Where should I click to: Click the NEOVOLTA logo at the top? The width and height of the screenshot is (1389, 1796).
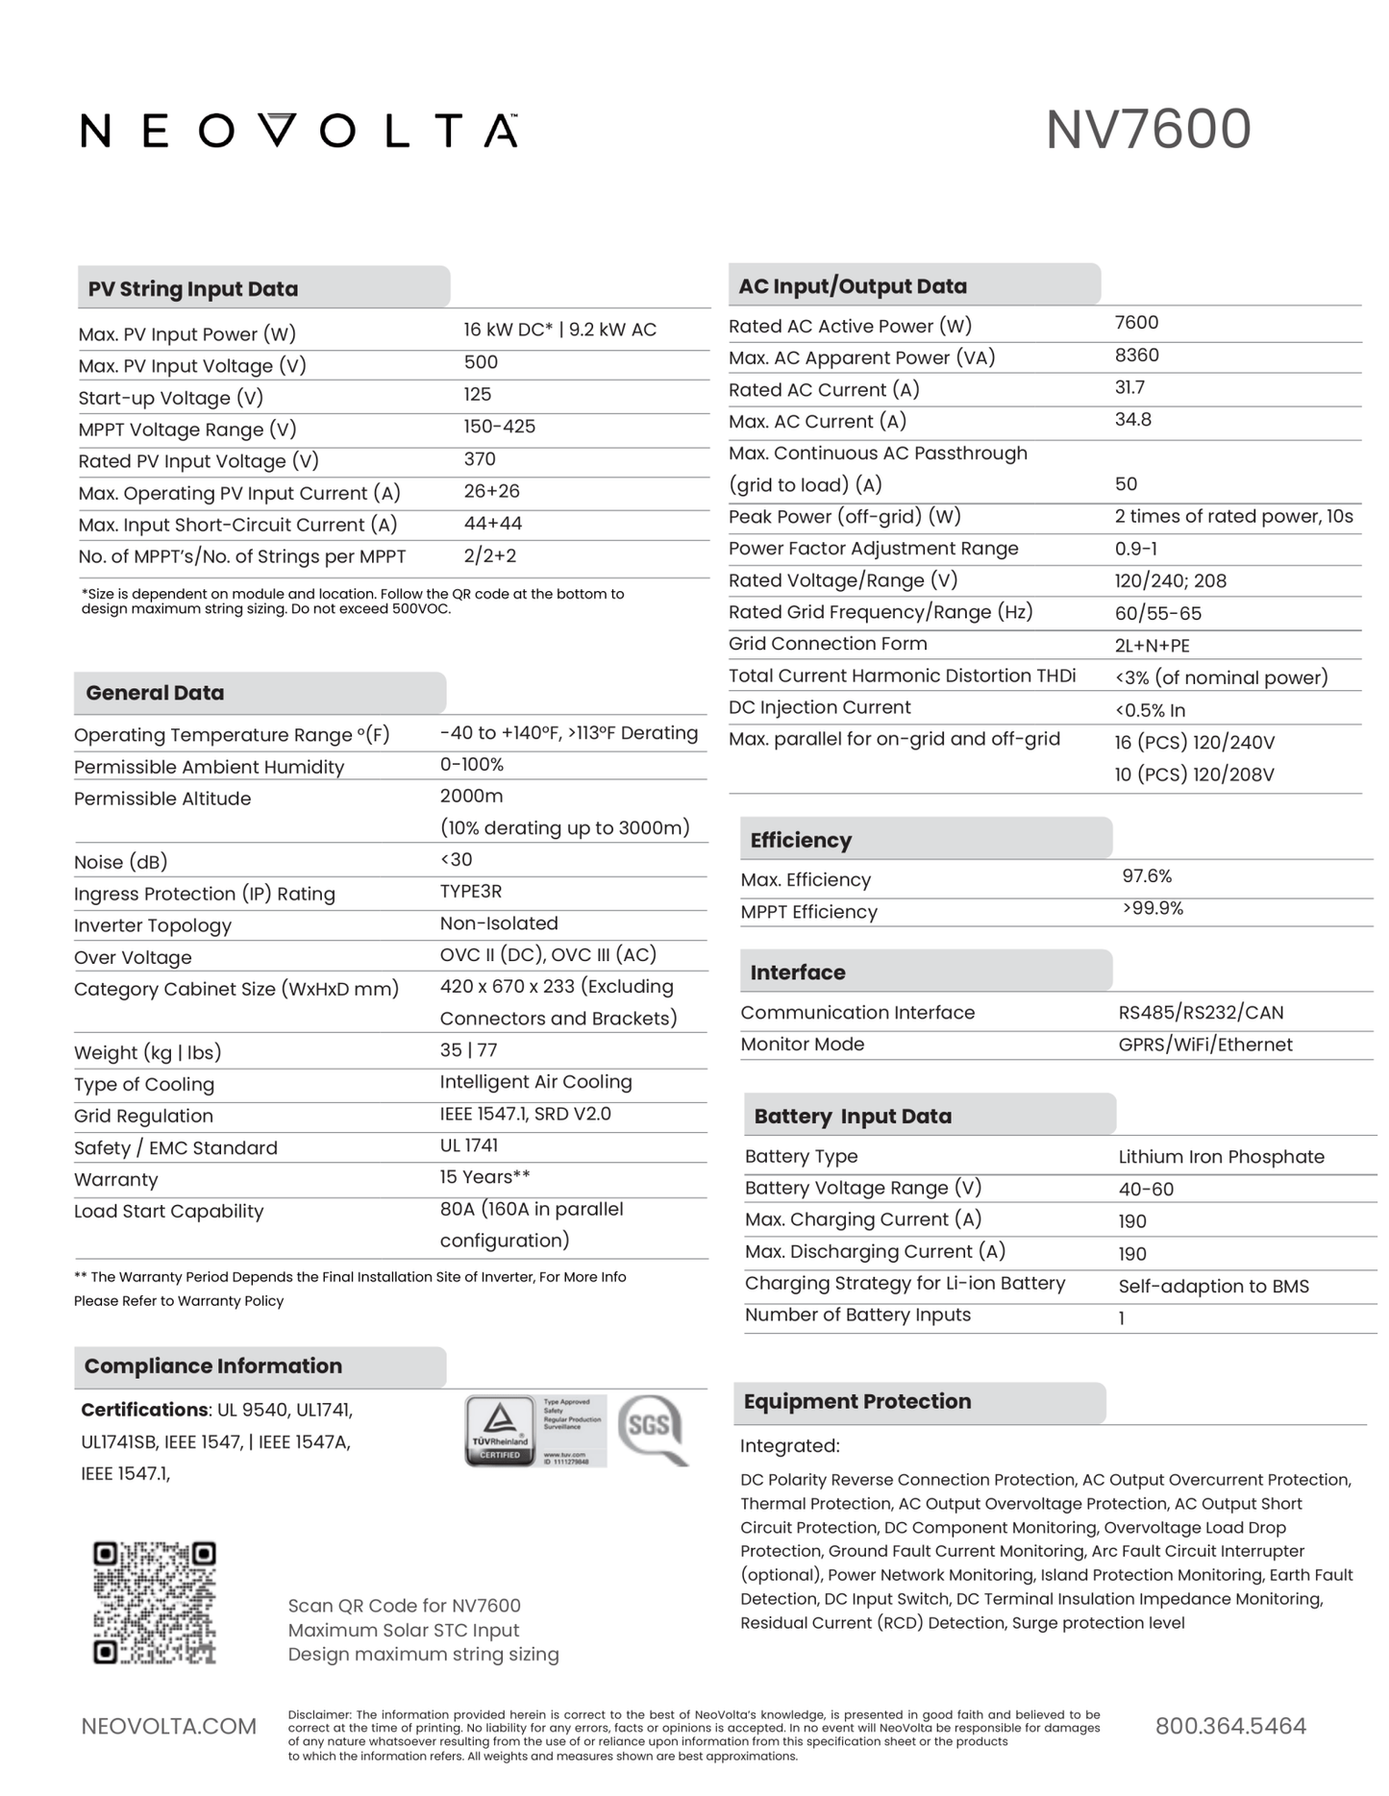click(x=299, y=131)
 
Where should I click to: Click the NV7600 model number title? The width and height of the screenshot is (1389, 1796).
click(x=1148, y=130)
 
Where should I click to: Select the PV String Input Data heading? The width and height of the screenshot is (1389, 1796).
click(x=193, y=289)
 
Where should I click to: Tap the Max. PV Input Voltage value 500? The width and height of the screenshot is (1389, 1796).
click(x=481, y=362)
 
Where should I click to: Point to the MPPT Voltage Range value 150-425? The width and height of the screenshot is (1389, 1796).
click(x=499, y=427)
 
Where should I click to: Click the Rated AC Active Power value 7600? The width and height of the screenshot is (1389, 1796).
click(x=1136, y=323)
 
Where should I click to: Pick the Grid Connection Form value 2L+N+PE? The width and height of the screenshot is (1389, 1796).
click(x=1152, y=646)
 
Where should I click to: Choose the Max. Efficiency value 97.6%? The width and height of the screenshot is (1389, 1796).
click(x=1147, y=876)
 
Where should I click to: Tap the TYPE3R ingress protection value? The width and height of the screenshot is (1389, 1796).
click(x=470, y=892)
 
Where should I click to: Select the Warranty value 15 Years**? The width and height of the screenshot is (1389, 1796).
click(x=484, y=1177)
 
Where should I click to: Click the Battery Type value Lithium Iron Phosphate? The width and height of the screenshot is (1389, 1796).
click(x=1221, y=1157)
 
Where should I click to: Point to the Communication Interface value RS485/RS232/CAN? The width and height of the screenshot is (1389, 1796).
click(x=1201, y=1013)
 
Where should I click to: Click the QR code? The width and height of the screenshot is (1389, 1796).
click(x=155, y=1602)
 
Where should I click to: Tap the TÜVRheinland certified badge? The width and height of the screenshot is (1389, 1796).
click(x=500, y=1430)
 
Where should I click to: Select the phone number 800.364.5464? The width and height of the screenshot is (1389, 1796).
click(x=1230, y=1726)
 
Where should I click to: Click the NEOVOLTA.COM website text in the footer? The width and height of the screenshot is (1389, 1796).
click(x=168, y=1726)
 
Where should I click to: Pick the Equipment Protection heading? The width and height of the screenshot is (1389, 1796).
click(x=856, y=1401)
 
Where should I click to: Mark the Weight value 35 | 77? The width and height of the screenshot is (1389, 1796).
click(x=468, y=1050)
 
